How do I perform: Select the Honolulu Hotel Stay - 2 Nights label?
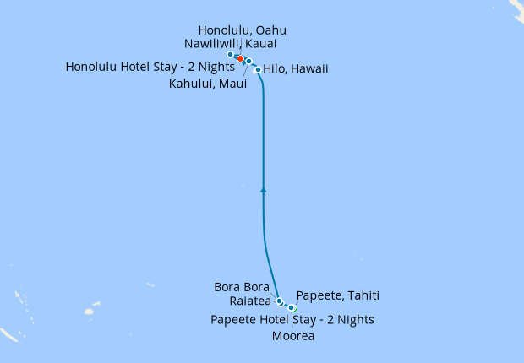[150, 67]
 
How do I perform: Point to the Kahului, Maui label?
[207, 84]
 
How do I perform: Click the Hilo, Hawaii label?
[296, 68]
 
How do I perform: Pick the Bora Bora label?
[242, 287]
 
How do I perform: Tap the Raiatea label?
[249, 301]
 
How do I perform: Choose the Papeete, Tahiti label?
[338, 295]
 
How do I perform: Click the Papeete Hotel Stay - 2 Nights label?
[292, 319]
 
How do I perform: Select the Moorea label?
[293, 336]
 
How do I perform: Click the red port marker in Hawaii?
[240, 58]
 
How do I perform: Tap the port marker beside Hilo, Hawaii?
[258, 70]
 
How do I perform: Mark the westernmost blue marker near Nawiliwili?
[231, 54]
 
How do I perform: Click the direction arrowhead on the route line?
[264, 191]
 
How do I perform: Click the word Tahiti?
[362, 295]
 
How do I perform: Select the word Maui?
[232, 84]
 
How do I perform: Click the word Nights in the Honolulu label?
[216, 67]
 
